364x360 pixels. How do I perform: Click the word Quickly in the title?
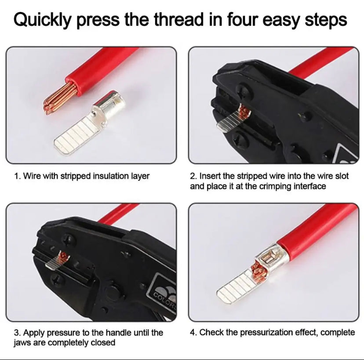(42, 20)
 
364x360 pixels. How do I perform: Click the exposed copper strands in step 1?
(60, 98)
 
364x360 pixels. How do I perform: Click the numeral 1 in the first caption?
(16, 176)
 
